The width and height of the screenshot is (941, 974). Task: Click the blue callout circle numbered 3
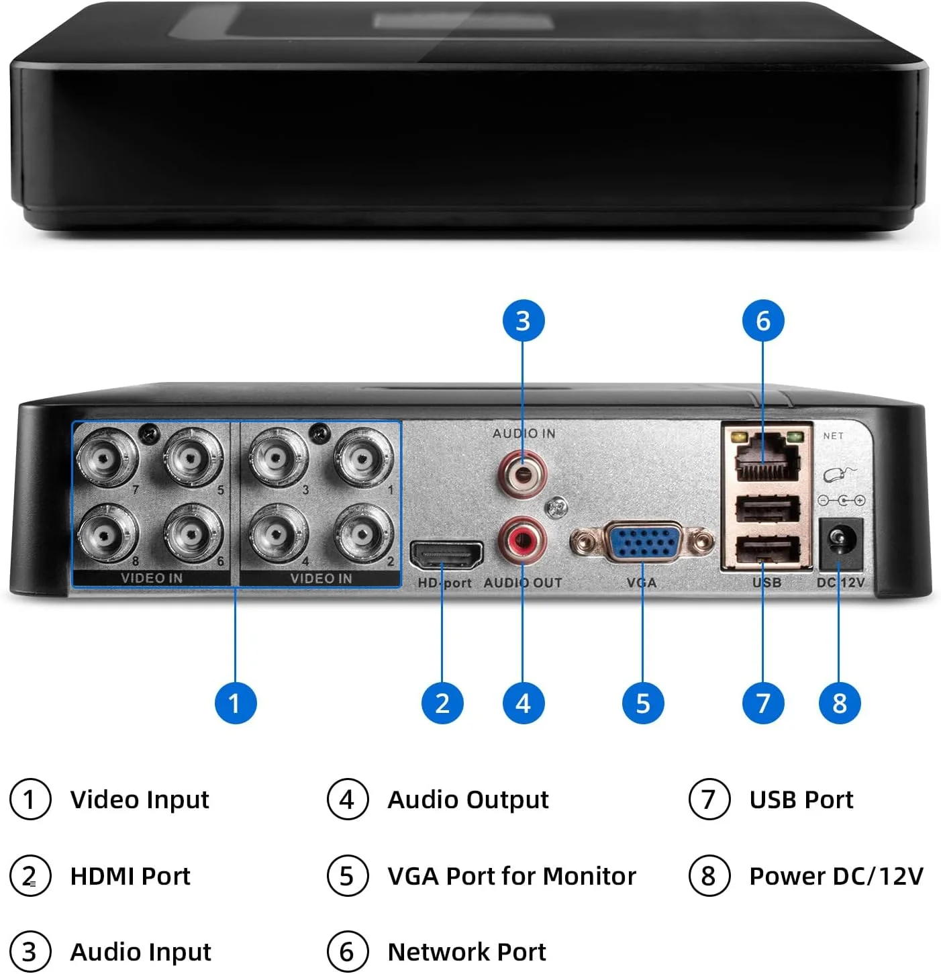524,321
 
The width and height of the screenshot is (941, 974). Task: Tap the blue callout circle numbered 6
763,321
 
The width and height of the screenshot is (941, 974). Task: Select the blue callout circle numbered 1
235,703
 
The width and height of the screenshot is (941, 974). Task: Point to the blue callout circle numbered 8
839,703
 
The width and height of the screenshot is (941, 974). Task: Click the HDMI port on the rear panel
446,556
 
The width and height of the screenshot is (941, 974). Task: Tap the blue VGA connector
642,541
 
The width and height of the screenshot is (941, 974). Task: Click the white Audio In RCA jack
522,473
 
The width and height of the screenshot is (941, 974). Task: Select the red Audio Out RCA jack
522,538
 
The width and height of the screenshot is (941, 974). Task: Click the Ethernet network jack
767,458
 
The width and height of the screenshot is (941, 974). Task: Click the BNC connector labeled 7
106,460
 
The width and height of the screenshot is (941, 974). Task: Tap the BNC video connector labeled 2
363,535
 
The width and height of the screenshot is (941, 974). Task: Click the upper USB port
767,509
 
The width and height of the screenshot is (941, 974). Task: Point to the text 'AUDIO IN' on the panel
524,434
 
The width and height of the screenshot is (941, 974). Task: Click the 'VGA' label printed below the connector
642,583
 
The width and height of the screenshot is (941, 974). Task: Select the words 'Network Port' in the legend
466,951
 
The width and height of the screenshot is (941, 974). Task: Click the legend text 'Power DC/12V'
836,875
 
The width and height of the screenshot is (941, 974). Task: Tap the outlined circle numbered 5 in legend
347,875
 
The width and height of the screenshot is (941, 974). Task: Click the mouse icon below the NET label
839,475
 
